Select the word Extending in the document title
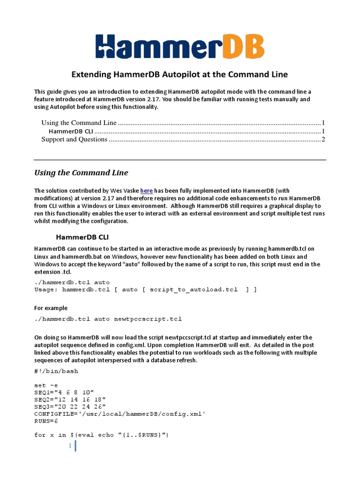pos(90,75)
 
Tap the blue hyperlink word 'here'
pos(146,191)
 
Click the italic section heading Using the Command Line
pos(81,172)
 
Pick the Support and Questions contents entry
pos(74,139)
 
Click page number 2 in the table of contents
pos(323,139)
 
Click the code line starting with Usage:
pos(145,290)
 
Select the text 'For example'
pos(51,308)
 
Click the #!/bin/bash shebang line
pos(56,371)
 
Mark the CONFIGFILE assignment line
pos(120,414)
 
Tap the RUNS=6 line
pos(45,421)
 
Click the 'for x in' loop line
pos(101,435)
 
